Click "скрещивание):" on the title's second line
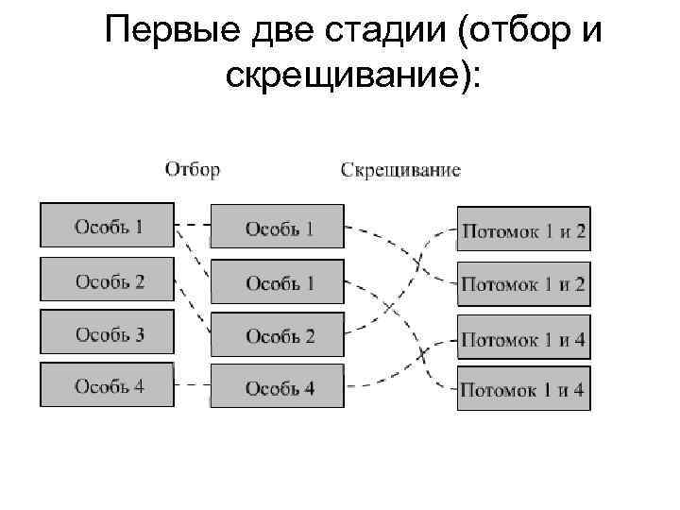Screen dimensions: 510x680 pyautogui.click(x=352, y=76)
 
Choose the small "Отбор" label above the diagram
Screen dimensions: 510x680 pyautogui.click(x=193, y=170)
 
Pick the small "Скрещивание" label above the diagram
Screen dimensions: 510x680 pyautogui.click(x=399, y=170)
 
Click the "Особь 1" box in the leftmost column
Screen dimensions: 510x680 pyautogui.click(x=107, y=226)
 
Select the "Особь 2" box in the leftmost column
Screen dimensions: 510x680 pyautogui.click(x=107, y=280)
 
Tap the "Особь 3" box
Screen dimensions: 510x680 pyautogui.click(x=107, y=333)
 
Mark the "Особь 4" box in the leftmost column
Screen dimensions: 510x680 pyautogui.click(x=107, y=385)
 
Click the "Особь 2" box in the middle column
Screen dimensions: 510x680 pyautogui.click(x=277, y=336)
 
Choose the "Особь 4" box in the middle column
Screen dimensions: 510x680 pyautogui.click(x=277, y=388)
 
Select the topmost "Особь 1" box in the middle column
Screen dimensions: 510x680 pyautogui.click(x=277, y=229)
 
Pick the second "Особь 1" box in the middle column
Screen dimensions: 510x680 pyautogui.click(x=277, y=282)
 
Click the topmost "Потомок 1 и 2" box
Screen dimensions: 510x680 pyautogui.click(x=523, y=230)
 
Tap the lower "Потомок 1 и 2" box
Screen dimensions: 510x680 pyautogui.click(x=523, y=283)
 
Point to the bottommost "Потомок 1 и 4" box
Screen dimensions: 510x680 pyautogui.click(x=523, y=388)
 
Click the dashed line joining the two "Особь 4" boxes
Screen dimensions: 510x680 pyautogui.click(x=193, y=384)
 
